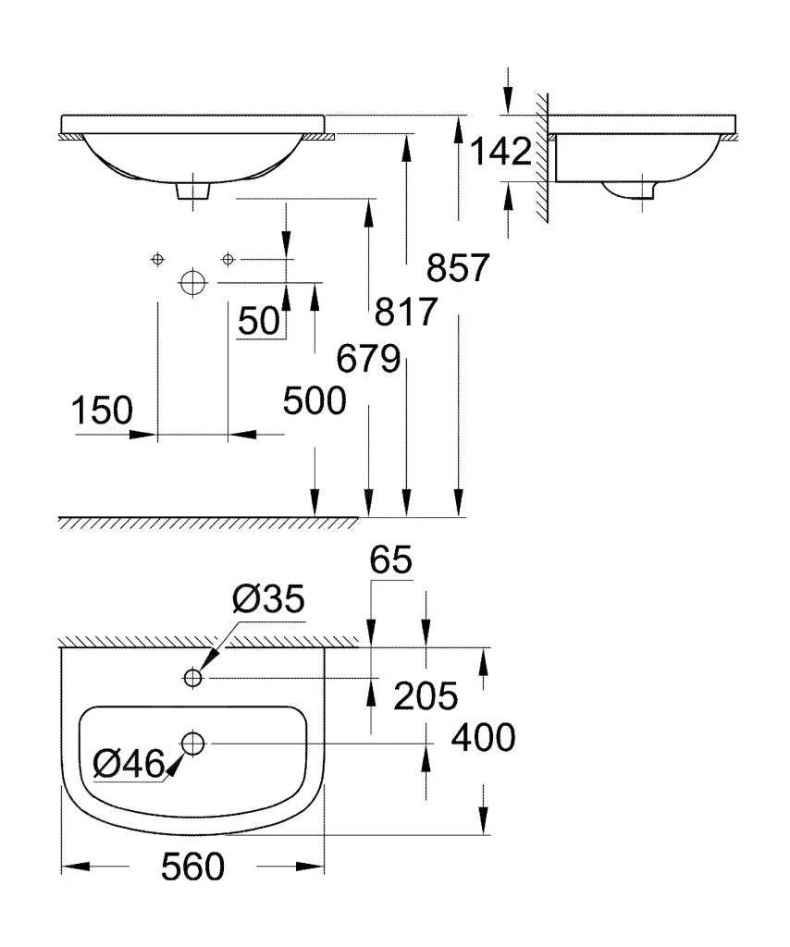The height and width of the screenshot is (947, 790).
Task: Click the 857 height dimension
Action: click(457, 268)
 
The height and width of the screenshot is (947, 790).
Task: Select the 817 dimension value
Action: click(405, 313)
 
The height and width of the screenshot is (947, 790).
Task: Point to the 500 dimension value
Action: click(315, 400)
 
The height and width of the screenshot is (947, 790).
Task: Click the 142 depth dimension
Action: click(501, 152)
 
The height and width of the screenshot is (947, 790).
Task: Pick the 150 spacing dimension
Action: click(103, 410)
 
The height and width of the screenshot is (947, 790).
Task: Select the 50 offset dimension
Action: click(258, 321)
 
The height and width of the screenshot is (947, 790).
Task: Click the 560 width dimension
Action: click(192, 867)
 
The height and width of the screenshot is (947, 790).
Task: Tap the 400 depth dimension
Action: click(481, 738)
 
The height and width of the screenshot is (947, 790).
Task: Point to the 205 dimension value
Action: click(426, 696)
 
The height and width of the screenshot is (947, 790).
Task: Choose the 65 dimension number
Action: click(390, 560)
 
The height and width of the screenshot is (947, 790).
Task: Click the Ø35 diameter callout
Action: click(268, 602)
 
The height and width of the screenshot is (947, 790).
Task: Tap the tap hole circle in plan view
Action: click(192, 679)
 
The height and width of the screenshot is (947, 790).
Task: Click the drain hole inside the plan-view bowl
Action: click(193, 742)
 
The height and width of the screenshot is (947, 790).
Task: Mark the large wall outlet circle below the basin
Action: click(192, 282)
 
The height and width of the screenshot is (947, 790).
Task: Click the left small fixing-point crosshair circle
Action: click(158, 259)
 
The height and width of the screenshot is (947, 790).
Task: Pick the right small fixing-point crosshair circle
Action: click(228, 259)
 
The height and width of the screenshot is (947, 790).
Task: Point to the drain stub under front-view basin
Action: click(192, 190)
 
